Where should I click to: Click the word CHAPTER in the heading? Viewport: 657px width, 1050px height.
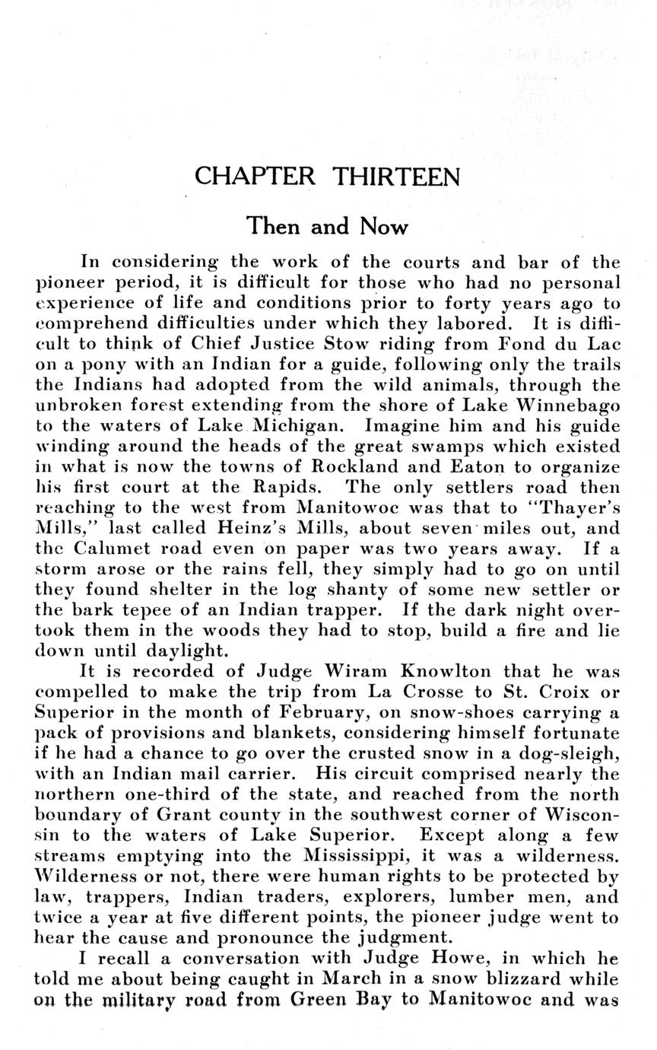pos(254,177)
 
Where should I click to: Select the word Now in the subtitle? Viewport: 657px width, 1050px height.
pos(384,226)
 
